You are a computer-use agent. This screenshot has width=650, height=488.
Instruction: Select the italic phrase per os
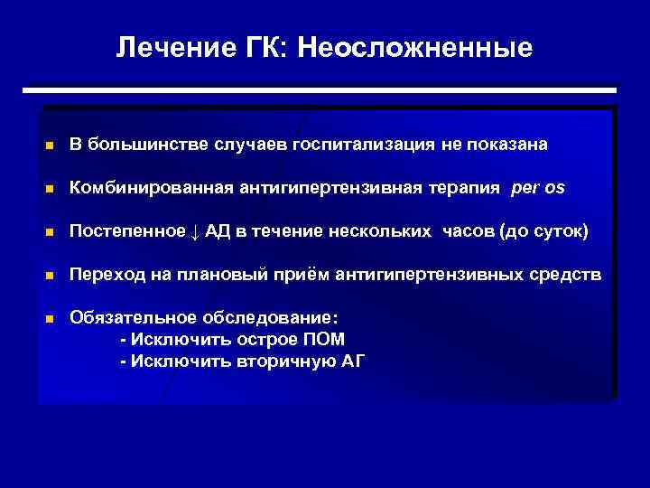[537, 188]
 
